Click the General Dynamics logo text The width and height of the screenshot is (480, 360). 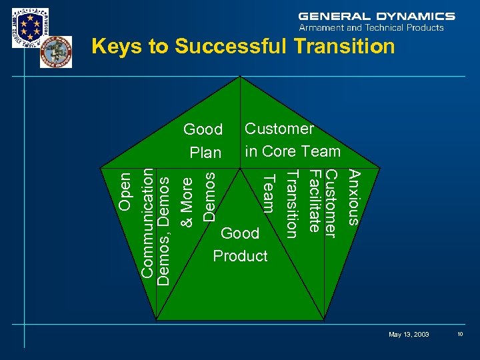[x=377, y=16]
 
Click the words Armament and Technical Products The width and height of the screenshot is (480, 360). [x=371, y=28]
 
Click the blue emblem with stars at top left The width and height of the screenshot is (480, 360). [x=30, y=27]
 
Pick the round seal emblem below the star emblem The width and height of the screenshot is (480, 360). [x=55, y=52]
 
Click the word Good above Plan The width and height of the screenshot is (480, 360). [x=203, y=129]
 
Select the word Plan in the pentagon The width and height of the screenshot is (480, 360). [x=205, y=153]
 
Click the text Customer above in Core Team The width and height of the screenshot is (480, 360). [x=279, y=128]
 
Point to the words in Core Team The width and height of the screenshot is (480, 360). [x=293, y=151]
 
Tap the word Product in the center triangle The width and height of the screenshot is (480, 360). [x=240, y=256]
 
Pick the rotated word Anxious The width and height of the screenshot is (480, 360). [x=355, y=197]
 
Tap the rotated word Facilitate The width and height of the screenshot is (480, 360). [x=314, y=201]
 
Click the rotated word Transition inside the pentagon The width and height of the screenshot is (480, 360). [x=291, y=203]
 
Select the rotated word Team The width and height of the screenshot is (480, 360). [x=269, y=192]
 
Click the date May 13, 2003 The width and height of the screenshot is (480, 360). [x=409, y=334]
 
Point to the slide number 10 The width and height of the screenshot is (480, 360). [x=461, y=334]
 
